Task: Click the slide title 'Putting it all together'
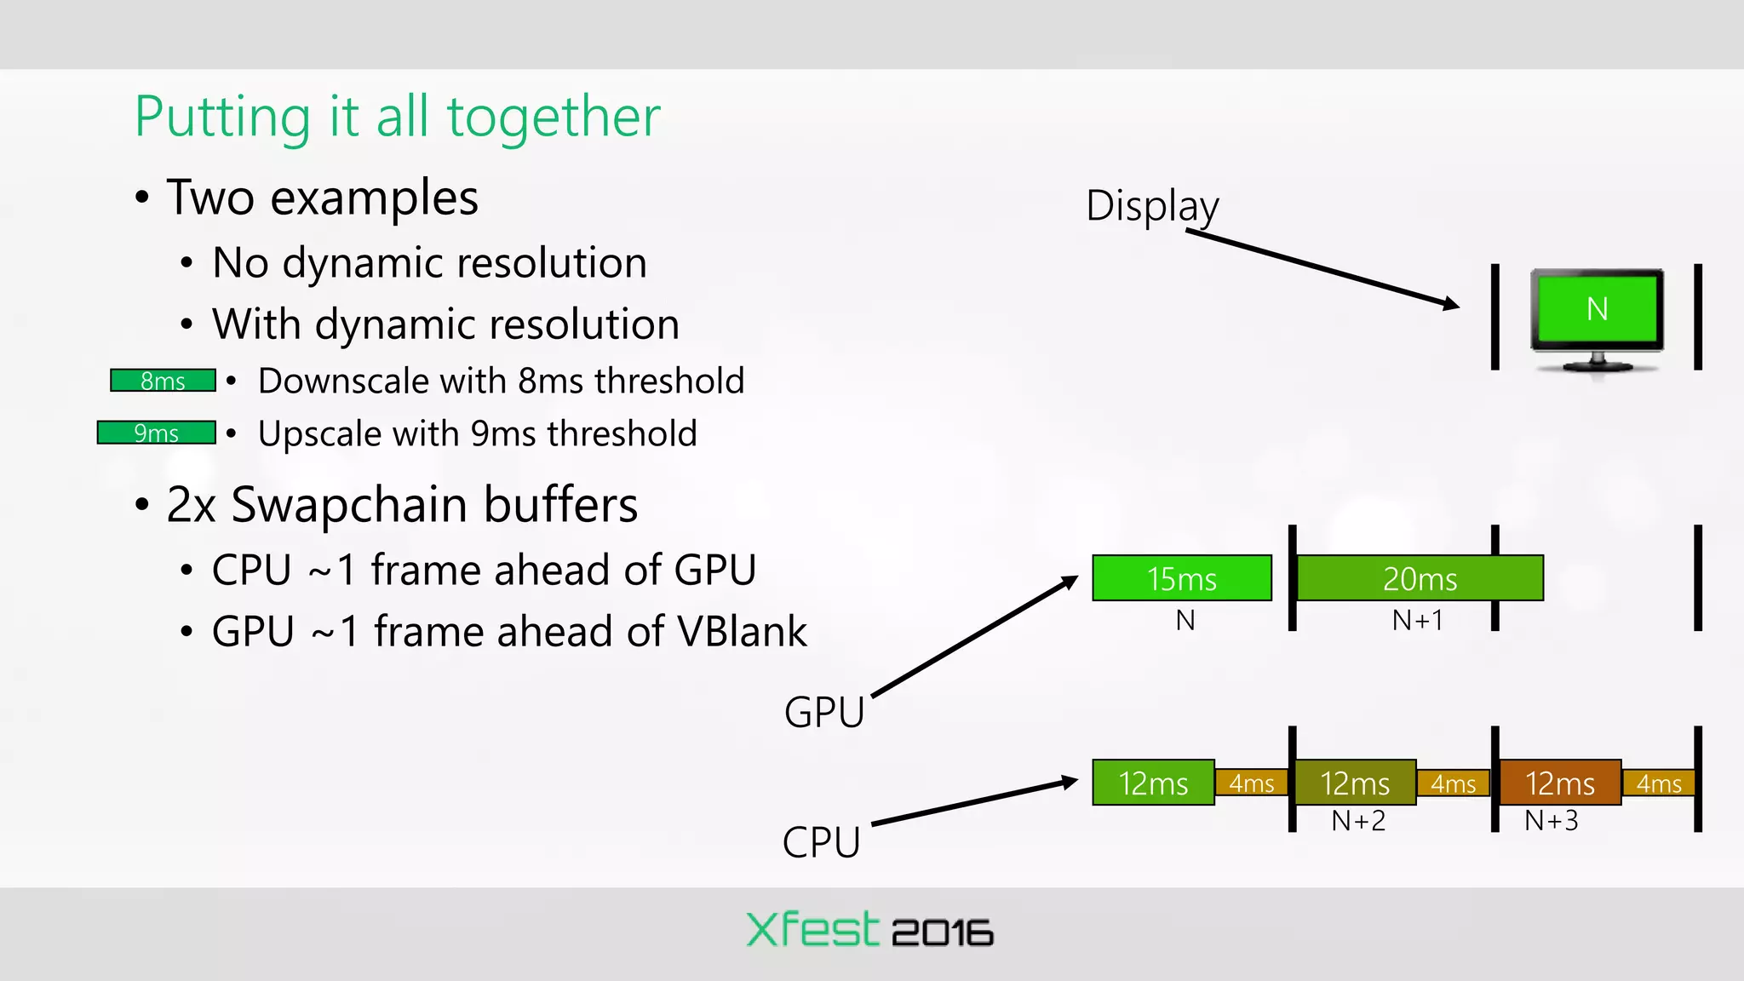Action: coord(397,117)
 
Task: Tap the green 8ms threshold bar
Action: coord(163,381)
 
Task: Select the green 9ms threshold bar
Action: coord(156,433)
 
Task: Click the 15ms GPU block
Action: coord(1181,578)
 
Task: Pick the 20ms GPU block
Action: coord(1420,578)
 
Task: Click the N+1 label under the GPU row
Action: coord(1417,621)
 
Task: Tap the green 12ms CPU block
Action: coord(1153,783)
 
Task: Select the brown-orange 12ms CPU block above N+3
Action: coord(1559,783)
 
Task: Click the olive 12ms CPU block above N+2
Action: coord(1355,783)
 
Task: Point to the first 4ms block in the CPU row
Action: coord(1251,783)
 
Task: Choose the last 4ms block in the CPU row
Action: coord(1658,783)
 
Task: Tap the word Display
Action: coord(1152,206)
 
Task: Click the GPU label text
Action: coord(823,712)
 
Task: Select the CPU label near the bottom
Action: coord(821,842)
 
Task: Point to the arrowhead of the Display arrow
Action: coord(1453,304)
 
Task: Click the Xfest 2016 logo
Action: coord(869,930)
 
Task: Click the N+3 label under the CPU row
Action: coord(1551,821)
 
